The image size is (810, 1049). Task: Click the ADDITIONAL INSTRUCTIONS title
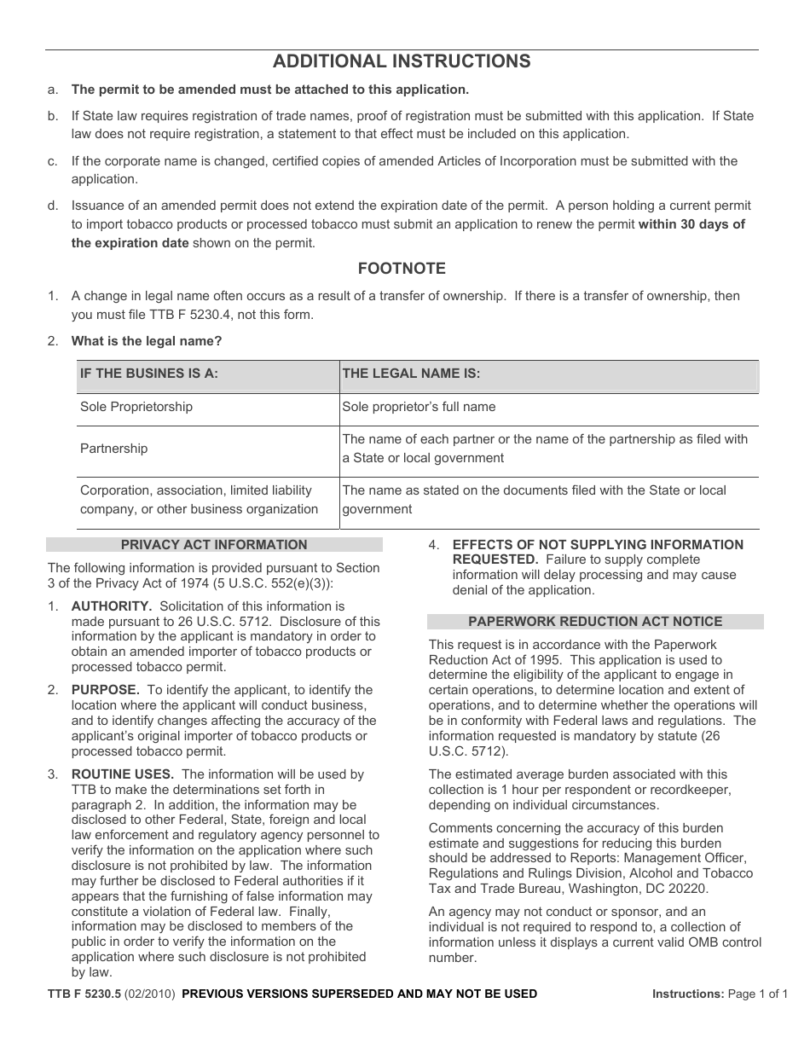pyautogui.click(x=401, y=61)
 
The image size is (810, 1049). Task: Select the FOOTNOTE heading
pyautogui.click(x=401, y=269)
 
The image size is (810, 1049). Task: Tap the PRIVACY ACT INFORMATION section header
pyautogui.click(x=214, y=545)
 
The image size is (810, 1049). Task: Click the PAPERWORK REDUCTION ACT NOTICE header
pyautogui.click(x=595, y=622)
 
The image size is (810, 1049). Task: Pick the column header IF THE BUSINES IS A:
pyautogui.click(x=149, y=374)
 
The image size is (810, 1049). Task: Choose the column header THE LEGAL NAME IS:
pyautogui.click(x=411, y=374)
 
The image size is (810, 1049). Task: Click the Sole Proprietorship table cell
pyautogui.click(x=136, y=407)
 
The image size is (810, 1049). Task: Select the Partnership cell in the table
pyautogui.click(x=113, y=449)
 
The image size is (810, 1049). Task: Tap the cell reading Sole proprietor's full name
pyautogui.click(x=419, y=407)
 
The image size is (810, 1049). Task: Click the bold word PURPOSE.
pyautogui.click(x=105, y=689)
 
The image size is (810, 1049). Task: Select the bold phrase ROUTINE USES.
pyautogui.click(x=123, y=774)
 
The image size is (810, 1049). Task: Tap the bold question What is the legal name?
pyautogui.click(x=147, y=341)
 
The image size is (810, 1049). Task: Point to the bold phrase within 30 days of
pyautogui.click(x=691, y=224)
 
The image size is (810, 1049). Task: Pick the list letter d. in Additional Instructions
pyautogui.click(x=53, y=206)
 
